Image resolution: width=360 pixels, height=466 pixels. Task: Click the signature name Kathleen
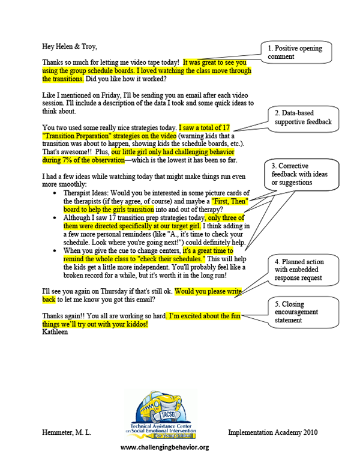(x=57, y=332)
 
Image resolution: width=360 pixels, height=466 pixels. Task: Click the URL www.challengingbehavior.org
(x=164, y=447)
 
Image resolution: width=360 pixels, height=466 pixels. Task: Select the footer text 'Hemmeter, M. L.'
(x=67, y=432)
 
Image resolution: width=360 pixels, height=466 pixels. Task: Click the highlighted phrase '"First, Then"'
(x=232, y=200)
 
